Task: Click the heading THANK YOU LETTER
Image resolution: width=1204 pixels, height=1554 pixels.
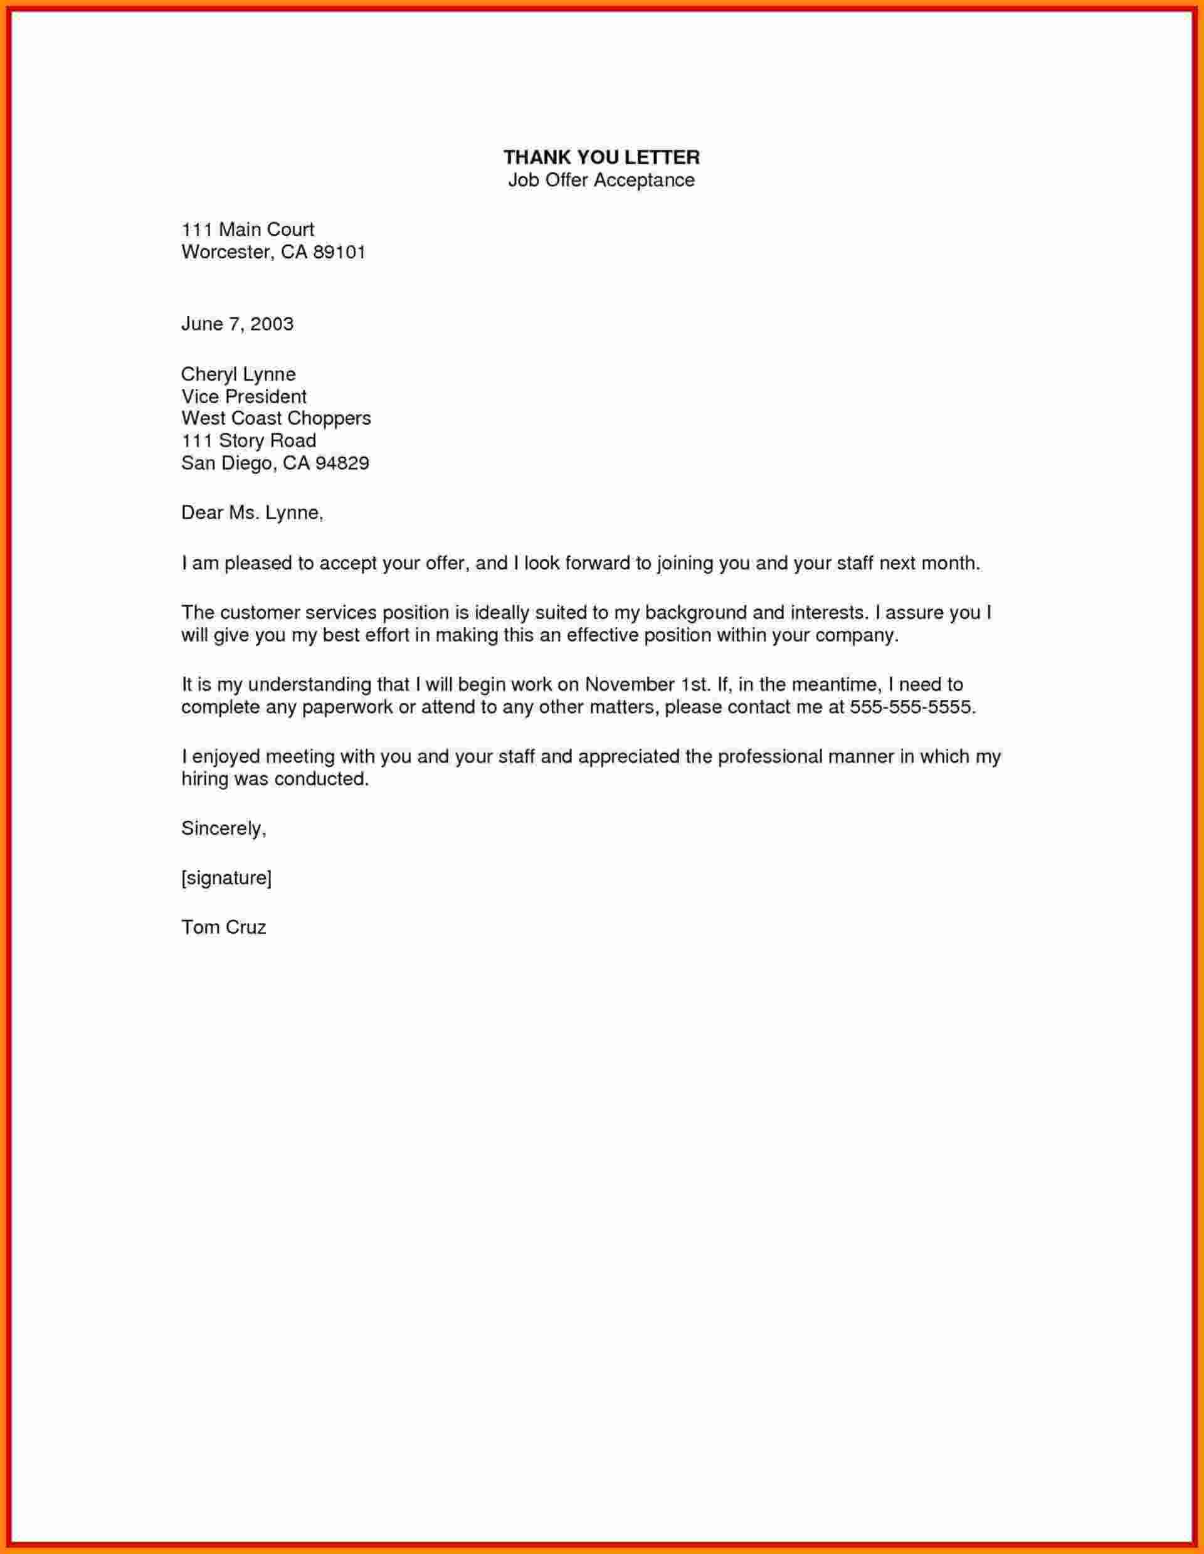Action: click(601, 157)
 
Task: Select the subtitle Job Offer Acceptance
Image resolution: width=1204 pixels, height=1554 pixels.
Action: click(601, 180)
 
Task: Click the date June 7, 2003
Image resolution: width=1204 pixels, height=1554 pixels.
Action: click(237, 324)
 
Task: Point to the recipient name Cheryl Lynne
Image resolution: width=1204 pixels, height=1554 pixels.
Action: click(238, 374)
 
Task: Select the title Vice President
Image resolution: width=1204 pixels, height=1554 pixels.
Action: click(243, 396)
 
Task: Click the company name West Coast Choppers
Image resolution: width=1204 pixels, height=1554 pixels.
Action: click(276, 418)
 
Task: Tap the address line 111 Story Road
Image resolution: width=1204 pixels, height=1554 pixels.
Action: click(248, 441)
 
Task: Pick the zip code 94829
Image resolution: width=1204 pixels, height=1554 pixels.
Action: click(342, 464)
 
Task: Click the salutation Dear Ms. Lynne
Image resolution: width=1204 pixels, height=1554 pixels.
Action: click(252, 513)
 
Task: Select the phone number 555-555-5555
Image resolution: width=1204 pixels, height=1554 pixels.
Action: click(910, 707)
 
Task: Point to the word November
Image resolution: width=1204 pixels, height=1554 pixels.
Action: click(630, 685)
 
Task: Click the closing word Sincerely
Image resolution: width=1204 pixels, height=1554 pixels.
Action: click(223, 828)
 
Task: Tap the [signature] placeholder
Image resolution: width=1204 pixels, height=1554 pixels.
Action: click(226, 878)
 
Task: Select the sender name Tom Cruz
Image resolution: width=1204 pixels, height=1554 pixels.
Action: click(223, 927)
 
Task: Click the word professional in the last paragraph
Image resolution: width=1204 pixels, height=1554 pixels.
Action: click(769, 756)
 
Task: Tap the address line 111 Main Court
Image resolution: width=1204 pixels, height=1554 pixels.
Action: click(248, 230)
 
